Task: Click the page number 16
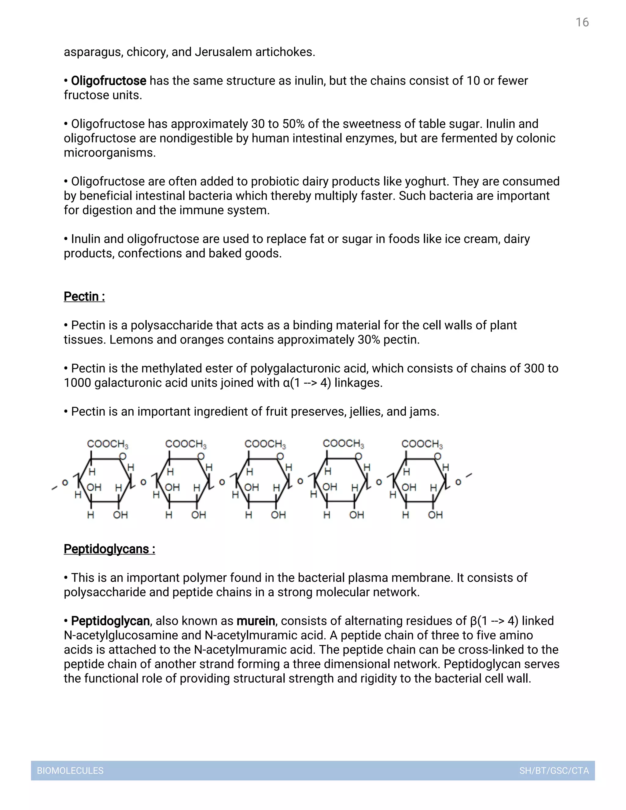[x=582, y=22]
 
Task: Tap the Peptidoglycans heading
[x=109, y=549]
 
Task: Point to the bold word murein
[x=256, y=621]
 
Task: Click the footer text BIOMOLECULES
[x=70, y=771]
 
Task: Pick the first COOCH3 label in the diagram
[x=108, y=444]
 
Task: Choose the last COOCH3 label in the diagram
[x=422, y=444]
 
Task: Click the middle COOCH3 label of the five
[x=265, y=444]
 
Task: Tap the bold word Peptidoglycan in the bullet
[x=110, y=621]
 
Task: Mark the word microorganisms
[x=109, y=153]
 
